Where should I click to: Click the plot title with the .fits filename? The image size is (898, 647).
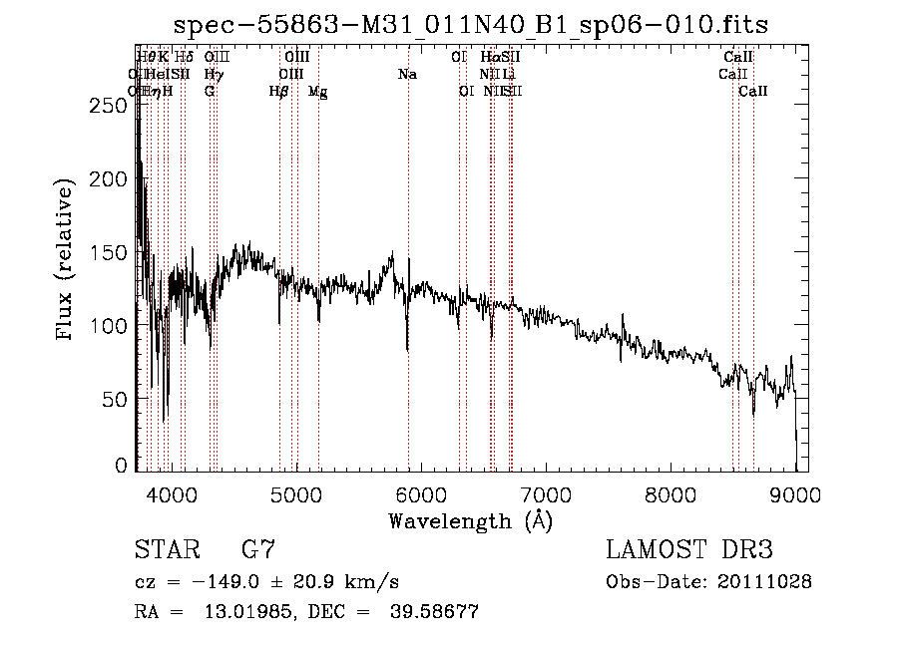coord(471,25)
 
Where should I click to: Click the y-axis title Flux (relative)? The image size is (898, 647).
coord(66,262)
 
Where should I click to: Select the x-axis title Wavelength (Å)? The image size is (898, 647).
coord(470,520)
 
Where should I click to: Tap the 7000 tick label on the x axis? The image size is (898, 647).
coord(545,493)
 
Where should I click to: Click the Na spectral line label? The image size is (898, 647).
coord(407,75)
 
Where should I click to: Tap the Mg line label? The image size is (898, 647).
coord(317,92)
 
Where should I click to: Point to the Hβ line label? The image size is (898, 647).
coord(278,92)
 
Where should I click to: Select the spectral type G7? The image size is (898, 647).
coord(258,550)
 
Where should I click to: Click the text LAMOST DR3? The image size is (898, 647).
coord(689,550)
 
